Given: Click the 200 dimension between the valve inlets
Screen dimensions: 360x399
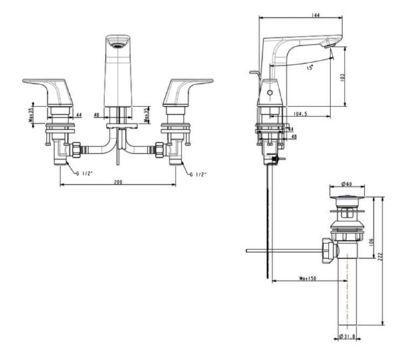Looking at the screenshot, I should pos(118,180).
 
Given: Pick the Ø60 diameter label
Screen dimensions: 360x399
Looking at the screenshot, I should pos(346,184).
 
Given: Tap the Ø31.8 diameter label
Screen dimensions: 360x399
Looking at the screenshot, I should pos(346,336).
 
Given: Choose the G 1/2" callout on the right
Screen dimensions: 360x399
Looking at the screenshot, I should pos(198,174).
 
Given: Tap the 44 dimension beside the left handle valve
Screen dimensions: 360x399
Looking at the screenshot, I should pos(78,115).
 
